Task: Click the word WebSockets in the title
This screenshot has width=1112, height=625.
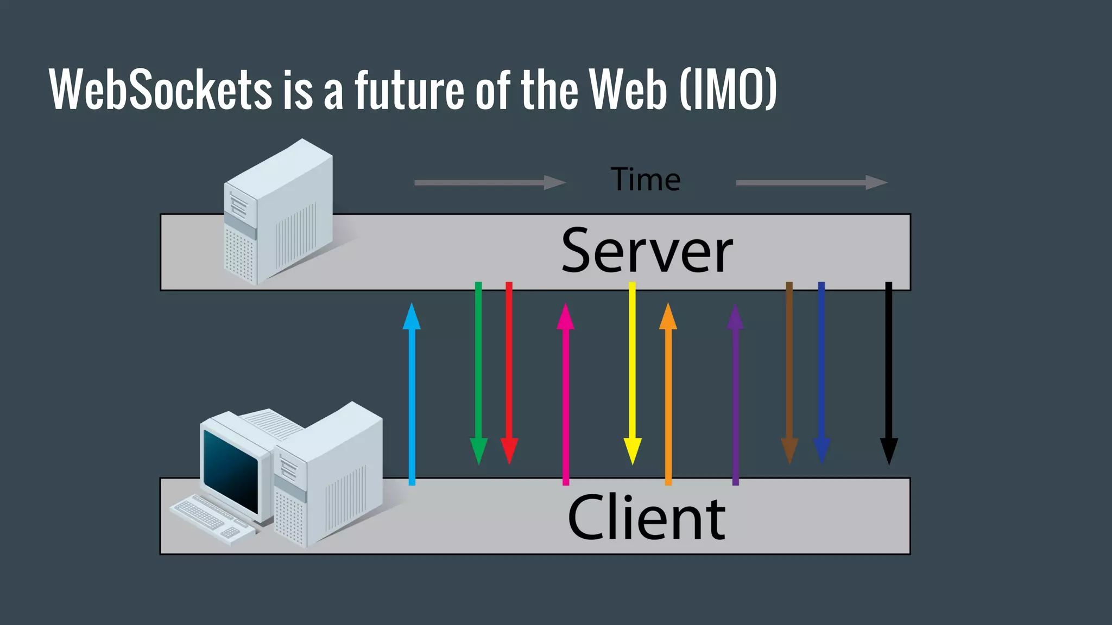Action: click(161, 90)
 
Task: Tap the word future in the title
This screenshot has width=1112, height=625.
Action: click(409, 90)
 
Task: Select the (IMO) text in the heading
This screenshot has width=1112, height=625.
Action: click(728, 90)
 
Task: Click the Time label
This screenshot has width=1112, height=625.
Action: click(646, 180)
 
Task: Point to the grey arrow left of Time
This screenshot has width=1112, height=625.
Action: click(489, 183)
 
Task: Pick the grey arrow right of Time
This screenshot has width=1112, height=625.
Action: click(811, 183)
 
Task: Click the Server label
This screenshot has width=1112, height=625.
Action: click(647, 251)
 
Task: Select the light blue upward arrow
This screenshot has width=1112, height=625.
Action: click(412, 393)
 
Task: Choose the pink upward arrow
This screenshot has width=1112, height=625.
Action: click(566, 393)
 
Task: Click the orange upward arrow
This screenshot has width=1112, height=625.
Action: click(668, 393)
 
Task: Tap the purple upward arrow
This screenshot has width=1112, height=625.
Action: click(736, 393)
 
